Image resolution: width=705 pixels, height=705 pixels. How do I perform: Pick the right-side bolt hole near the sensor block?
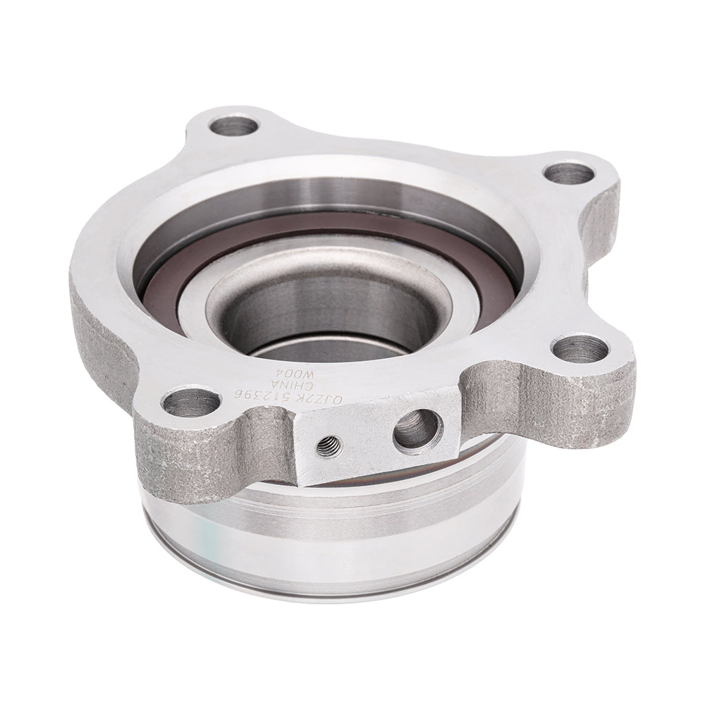coord(580,347)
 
